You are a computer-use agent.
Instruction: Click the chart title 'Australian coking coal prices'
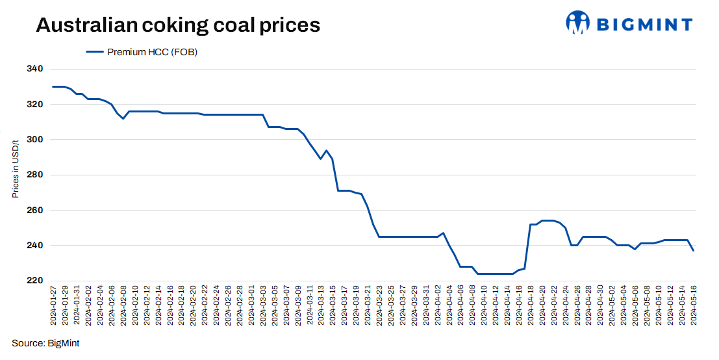coord(178,25)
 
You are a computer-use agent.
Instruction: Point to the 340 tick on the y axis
coord(35,69)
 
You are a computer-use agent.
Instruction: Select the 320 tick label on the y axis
coord(35,104)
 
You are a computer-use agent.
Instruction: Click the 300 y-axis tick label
coord(35,140)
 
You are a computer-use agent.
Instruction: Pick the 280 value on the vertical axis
coord(35,175)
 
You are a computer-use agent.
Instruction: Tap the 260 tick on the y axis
coord(35,211)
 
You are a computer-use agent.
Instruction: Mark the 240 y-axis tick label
coord(35,246)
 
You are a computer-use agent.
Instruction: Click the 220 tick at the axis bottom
coord(35,281)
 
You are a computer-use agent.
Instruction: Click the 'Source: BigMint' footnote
coord(45,343)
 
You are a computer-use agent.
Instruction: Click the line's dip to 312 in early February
coord(123,118)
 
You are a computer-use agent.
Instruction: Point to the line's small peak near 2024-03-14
coord(326,150)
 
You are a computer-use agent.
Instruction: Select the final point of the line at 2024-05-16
coord(694,251)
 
